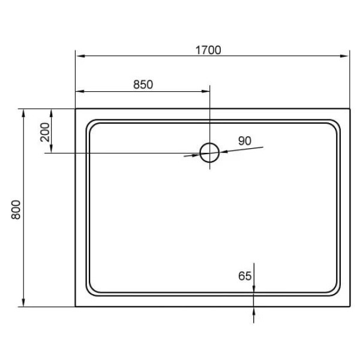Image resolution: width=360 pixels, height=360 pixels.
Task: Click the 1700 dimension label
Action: pos(208,50)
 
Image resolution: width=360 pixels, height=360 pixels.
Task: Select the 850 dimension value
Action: pos(143,85)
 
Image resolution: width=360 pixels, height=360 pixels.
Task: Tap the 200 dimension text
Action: pos(45,130)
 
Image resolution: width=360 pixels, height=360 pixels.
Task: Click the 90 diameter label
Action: pos(244,141)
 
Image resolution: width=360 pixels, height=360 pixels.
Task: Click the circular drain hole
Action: pos(209,152)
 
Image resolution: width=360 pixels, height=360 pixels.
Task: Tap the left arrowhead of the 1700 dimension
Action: pos(79,57)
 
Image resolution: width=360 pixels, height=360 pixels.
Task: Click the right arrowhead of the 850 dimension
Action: pos(206,92)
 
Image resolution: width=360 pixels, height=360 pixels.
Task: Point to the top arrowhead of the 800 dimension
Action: pos(23,113)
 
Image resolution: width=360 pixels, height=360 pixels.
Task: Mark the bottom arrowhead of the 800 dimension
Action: pos(23,302)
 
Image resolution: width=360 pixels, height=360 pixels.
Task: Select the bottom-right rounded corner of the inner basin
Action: pos(334,290)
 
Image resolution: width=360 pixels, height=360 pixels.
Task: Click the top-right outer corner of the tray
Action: pos(350,109)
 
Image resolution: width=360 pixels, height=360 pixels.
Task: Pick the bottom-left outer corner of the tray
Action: pos(76,307)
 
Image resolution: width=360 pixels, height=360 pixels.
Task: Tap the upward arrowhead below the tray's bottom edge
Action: pos(254,311)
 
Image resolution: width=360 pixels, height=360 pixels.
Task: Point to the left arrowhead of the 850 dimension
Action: pos(79,92)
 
